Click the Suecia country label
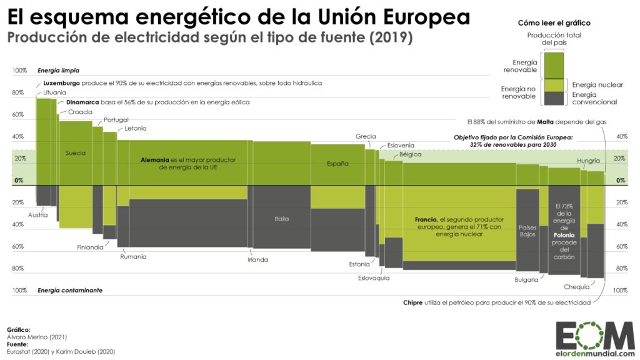(x=75, y=153)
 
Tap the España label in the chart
(x=337, y=164)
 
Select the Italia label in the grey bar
(x=281, y=219)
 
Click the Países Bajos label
(x=527, y=231)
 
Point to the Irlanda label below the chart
(x=257, y=259)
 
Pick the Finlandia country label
(x=90, y=247)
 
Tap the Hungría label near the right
(x=589, y=161)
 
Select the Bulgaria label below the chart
(x=526, y=279)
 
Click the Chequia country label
(x=576, y=287)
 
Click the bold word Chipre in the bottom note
(x=415, y=302)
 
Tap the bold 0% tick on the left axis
(x=18, y=181)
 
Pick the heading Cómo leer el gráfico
(x=554, y=23)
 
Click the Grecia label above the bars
(x=366, y=136)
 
